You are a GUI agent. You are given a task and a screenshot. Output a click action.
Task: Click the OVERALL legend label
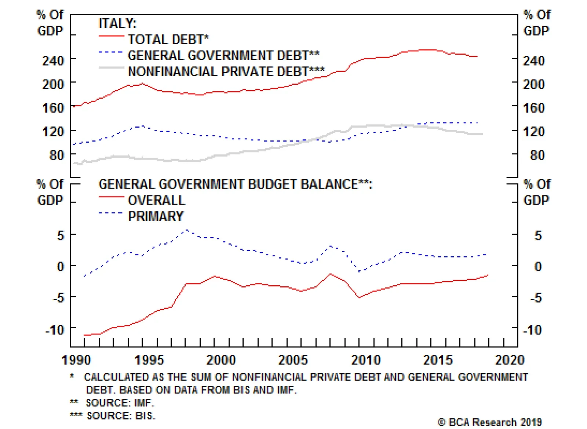tap(156, 200)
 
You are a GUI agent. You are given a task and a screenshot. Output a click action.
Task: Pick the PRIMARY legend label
tap(156, 216)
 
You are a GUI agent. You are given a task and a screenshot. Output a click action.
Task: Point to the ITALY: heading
tap(117, 23)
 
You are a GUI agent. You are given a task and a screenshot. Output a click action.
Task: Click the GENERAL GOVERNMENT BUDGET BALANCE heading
tap(235, 184)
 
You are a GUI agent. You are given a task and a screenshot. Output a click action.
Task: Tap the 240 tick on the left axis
tap(53, 60)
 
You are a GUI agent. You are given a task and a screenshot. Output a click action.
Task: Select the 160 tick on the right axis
tap(534, 108)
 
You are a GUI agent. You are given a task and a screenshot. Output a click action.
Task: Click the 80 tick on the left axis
tap(57, 155)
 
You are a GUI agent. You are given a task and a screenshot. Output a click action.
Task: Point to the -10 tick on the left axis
tap(55, 330)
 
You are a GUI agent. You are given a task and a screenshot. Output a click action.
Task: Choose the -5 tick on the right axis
tap(536, 298)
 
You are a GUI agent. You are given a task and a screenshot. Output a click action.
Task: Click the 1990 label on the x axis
tap(76, 360)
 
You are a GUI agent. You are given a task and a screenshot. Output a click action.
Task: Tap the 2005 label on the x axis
tap(293, 360)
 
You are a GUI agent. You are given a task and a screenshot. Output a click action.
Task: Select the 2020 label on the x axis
tap(510, 360)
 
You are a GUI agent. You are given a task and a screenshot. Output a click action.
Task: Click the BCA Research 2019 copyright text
tap(490, 422)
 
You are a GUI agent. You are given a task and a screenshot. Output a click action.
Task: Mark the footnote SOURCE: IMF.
tap(120, 403)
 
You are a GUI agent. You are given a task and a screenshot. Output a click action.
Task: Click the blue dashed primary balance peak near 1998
tap(186, 230)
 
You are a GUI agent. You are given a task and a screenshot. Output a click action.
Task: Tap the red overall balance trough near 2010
tap(359, 297)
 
